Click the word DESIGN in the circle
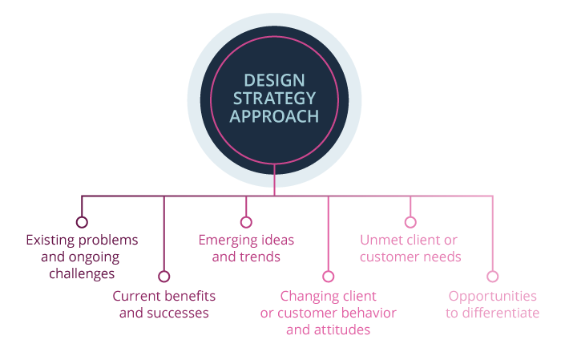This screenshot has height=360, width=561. (274, 80)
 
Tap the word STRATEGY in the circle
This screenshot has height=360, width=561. (274, 99)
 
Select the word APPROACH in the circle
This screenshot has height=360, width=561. (274, 117)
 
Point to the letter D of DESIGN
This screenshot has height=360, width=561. (248, 80)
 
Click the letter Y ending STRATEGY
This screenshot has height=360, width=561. (311, 99)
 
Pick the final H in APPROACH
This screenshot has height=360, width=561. (313, 117)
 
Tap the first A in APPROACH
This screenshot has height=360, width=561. (235, 117)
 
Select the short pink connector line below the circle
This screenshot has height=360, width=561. (274, 179)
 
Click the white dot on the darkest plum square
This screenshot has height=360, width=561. (82, 222)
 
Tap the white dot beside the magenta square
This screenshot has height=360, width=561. (246, 222)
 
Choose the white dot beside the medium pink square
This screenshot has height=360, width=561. (410, 222)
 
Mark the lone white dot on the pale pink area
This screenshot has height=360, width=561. (493, 277)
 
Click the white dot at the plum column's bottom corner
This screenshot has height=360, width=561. (164, 277)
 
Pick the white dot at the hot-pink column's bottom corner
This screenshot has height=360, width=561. (329, 277)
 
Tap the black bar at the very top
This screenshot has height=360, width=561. (280, 6)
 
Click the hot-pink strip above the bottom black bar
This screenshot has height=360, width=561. (280, 330)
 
